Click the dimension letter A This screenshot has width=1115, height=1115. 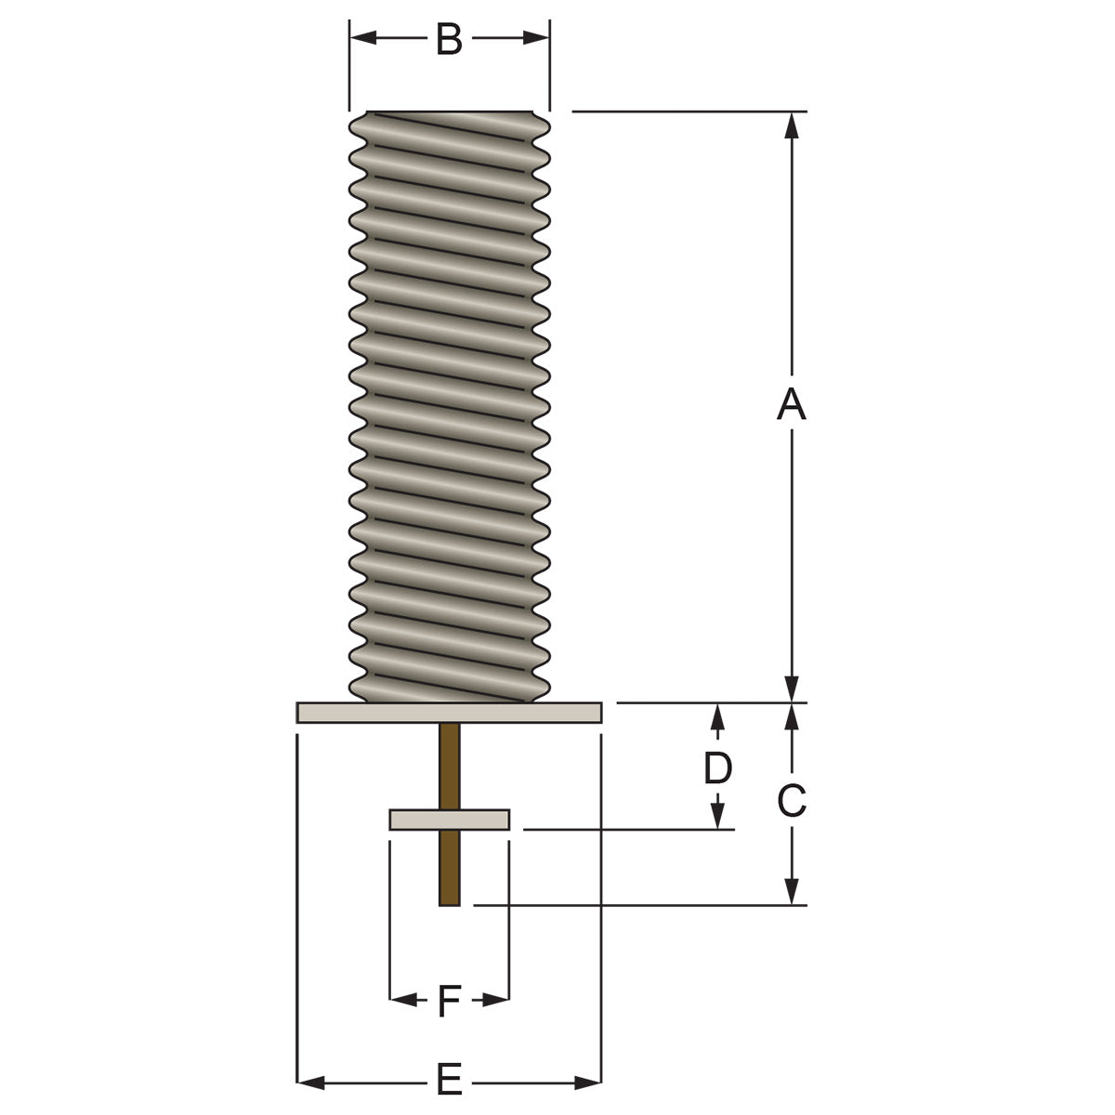791,405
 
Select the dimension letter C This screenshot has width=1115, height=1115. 791,801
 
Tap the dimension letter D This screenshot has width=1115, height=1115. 717,767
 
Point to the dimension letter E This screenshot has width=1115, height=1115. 449,1082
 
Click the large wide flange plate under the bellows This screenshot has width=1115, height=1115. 449,713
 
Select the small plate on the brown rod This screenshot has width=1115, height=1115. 449,820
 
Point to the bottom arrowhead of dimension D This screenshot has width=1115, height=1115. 717,817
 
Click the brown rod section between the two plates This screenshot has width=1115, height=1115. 449,766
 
